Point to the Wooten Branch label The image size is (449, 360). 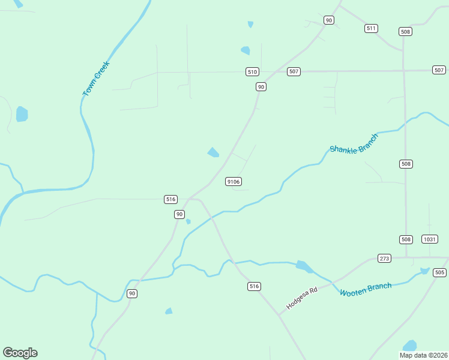click(x=365, y=290)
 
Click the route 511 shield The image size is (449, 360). click(x=371, y=28)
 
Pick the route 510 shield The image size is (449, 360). click(x=252, y=72)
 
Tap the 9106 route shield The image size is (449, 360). click(x=234, y=182)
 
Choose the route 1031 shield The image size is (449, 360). click(x=429, y=239)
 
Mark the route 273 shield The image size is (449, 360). click(x=385, y=259)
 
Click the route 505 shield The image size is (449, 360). click(x=439, y=272)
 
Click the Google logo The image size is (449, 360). click(x=20, y=353)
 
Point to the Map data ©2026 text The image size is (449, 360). click(x=424, y=355)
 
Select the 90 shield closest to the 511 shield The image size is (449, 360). click(x=328, y=20)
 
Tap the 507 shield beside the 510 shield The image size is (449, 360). click(x=293, y=71)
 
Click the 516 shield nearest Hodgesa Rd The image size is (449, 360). click(x=254, y=286)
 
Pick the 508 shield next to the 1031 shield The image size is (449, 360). click(x=406, y=239)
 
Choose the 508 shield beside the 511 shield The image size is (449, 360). click(x=406, y=32)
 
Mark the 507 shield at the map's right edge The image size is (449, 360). click(x=439, y=70)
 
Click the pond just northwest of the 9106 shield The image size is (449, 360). click(x=213, y=152)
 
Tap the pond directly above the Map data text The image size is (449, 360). click(x=410, y=346)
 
